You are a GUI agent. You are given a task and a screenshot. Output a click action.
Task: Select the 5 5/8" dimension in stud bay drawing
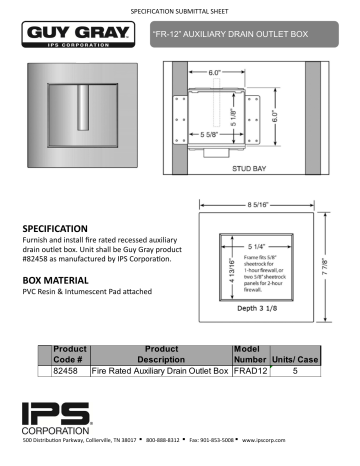click(211, 133)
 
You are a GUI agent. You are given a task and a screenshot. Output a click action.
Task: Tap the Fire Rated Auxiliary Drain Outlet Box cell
click(160, 371)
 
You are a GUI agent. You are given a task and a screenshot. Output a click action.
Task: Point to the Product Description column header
click(160, 353)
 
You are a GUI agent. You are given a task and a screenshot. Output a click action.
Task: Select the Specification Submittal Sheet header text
click(179, 8)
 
